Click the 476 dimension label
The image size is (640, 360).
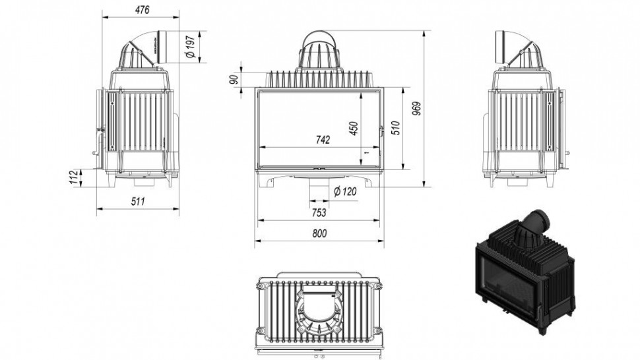(142, 10)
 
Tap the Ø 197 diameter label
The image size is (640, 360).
(191, 46)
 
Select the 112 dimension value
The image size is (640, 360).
(73, 177)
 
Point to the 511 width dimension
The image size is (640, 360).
(138, 201)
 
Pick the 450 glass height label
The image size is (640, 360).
(354, 129)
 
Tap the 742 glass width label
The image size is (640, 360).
(323, 140)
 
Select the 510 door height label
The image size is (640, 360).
(395, 128)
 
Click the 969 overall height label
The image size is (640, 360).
(416, 108)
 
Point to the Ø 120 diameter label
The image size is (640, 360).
(345, 191)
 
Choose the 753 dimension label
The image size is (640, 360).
(319, 212)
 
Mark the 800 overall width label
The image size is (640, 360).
(319, 233)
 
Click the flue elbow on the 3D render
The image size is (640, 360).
(536, 224)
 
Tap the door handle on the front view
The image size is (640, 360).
(381, 131)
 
